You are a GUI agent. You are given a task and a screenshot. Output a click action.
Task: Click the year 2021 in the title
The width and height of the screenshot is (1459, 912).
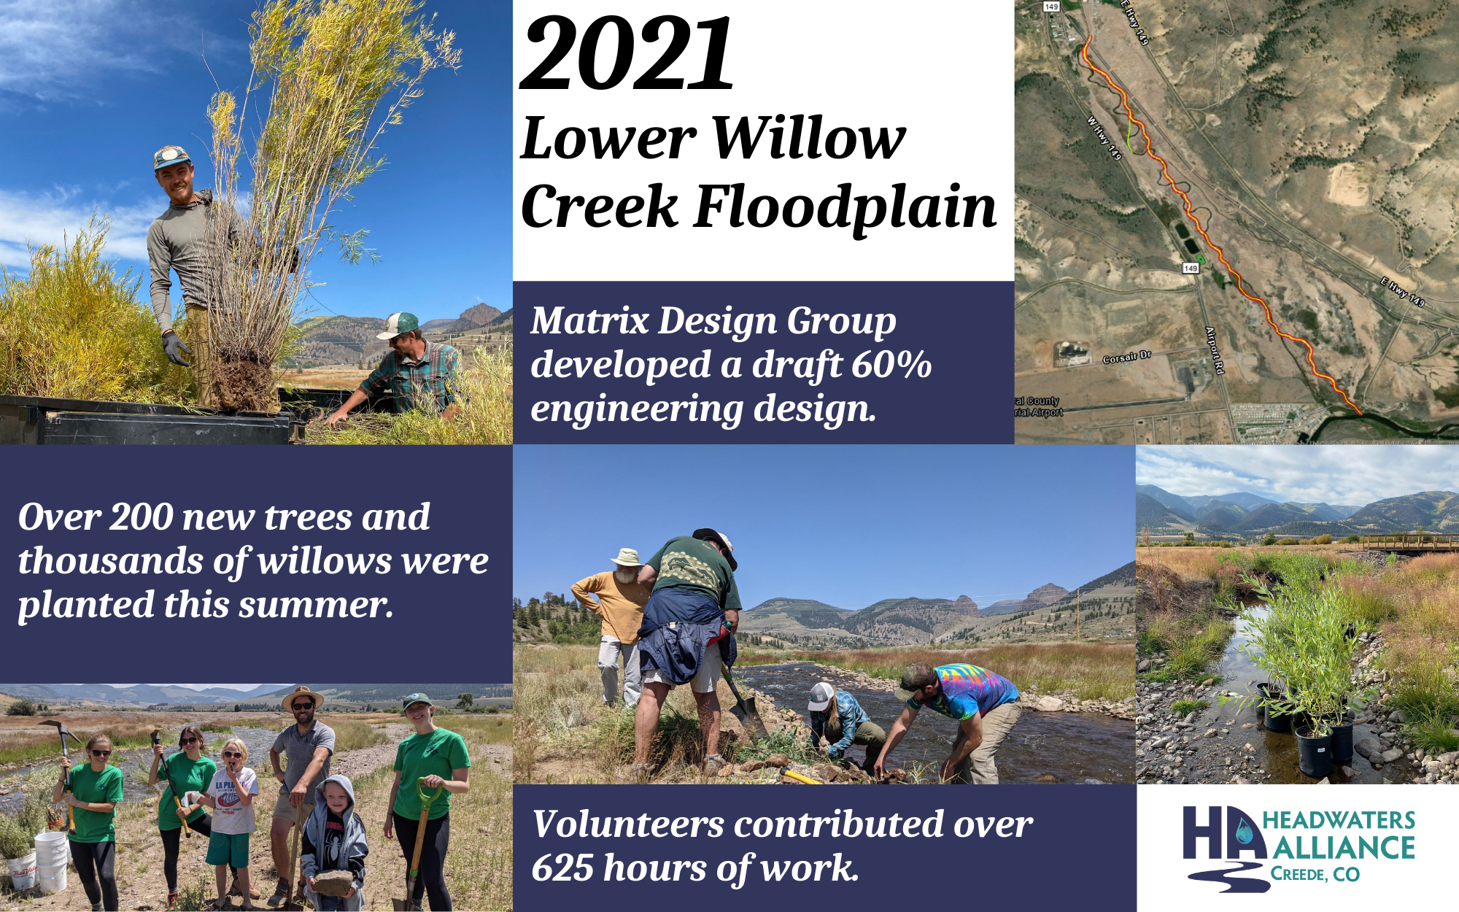(627, 55)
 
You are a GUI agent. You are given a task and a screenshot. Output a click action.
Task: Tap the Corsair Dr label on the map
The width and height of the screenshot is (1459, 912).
(1126, 358)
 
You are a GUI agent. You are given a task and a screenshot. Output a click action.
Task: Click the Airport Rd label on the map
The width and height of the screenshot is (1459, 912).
(1214, 350)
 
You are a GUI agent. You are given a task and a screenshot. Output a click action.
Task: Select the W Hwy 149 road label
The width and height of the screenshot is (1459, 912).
(1104, 138)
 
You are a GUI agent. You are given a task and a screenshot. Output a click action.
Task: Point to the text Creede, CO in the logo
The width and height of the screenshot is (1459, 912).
(1315, 874)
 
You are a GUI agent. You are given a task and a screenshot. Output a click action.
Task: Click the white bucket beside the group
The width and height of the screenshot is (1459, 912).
(50, 861)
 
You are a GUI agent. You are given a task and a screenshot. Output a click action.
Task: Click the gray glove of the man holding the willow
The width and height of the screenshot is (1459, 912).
(176, 349)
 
